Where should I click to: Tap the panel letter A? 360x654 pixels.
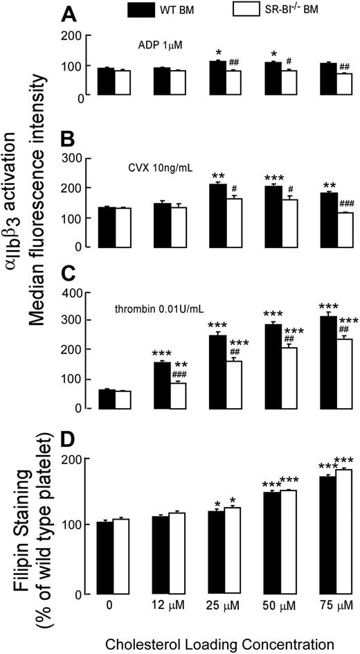[x=68, y=14]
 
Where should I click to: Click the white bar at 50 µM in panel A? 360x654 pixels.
[x=288, y=84]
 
